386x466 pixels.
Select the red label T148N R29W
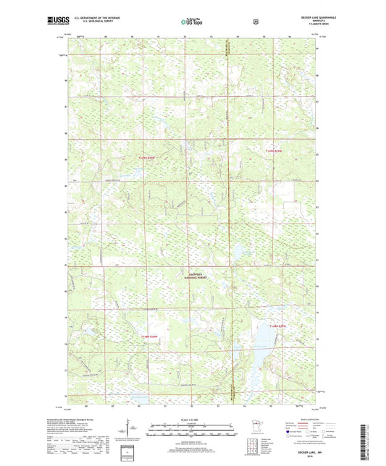pyautogui.click(x=276, y=151)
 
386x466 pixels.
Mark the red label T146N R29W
pyautogui.click(x=277, y=326)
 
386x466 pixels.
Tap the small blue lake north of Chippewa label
pyautogui.click(x=237, y=251)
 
